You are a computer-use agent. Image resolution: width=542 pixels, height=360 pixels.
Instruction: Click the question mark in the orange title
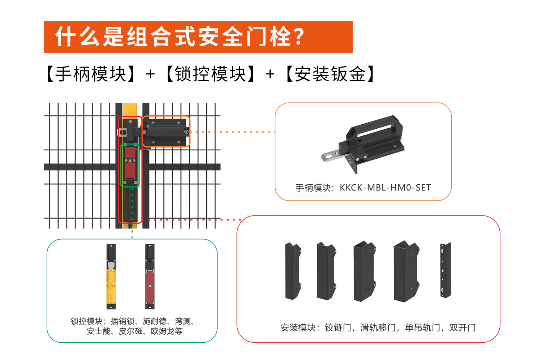298,37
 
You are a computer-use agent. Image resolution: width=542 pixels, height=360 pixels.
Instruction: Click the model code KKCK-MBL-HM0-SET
385,188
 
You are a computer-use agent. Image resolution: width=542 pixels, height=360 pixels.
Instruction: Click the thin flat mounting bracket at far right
445,270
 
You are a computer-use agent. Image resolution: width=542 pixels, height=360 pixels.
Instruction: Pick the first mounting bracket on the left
293,271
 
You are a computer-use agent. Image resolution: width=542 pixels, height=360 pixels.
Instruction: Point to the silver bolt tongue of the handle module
332,157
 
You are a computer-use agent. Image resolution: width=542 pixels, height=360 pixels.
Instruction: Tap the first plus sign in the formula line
150,74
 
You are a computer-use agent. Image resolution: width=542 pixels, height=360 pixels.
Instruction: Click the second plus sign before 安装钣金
270,74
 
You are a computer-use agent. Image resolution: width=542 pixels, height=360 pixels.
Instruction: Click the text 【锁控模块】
210,74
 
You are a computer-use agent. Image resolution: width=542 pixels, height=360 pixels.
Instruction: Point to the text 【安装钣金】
330,74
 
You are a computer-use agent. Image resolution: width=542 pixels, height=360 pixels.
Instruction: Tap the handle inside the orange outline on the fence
166,132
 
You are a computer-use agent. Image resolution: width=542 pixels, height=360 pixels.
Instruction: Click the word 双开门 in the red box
463,328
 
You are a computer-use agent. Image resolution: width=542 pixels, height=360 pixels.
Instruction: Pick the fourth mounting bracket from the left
406,271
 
